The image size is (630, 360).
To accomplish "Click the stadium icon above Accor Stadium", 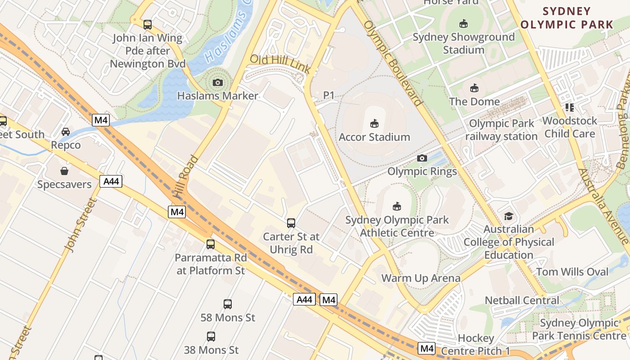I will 374,123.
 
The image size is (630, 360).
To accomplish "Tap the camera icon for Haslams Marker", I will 218,82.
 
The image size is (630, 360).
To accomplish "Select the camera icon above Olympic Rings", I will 422,158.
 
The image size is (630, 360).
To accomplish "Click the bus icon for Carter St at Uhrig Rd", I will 291,223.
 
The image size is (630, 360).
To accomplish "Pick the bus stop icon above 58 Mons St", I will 228,304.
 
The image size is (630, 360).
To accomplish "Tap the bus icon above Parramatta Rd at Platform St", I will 211,244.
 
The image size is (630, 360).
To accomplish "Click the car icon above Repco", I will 66,132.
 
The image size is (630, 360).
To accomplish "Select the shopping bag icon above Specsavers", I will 64,171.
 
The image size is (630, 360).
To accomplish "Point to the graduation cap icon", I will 508,216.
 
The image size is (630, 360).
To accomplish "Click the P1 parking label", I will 329,95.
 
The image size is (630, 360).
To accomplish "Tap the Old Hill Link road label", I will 280,63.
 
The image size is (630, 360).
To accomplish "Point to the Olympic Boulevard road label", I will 393,63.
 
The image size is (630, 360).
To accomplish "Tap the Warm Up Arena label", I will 421,278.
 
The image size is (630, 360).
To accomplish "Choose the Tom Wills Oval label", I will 572,272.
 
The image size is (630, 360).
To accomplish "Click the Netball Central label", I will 522,300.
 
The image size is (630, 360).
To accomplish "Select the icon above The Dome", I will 474,88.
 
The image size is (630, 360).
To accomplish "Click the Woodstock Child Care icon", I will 570,108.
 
